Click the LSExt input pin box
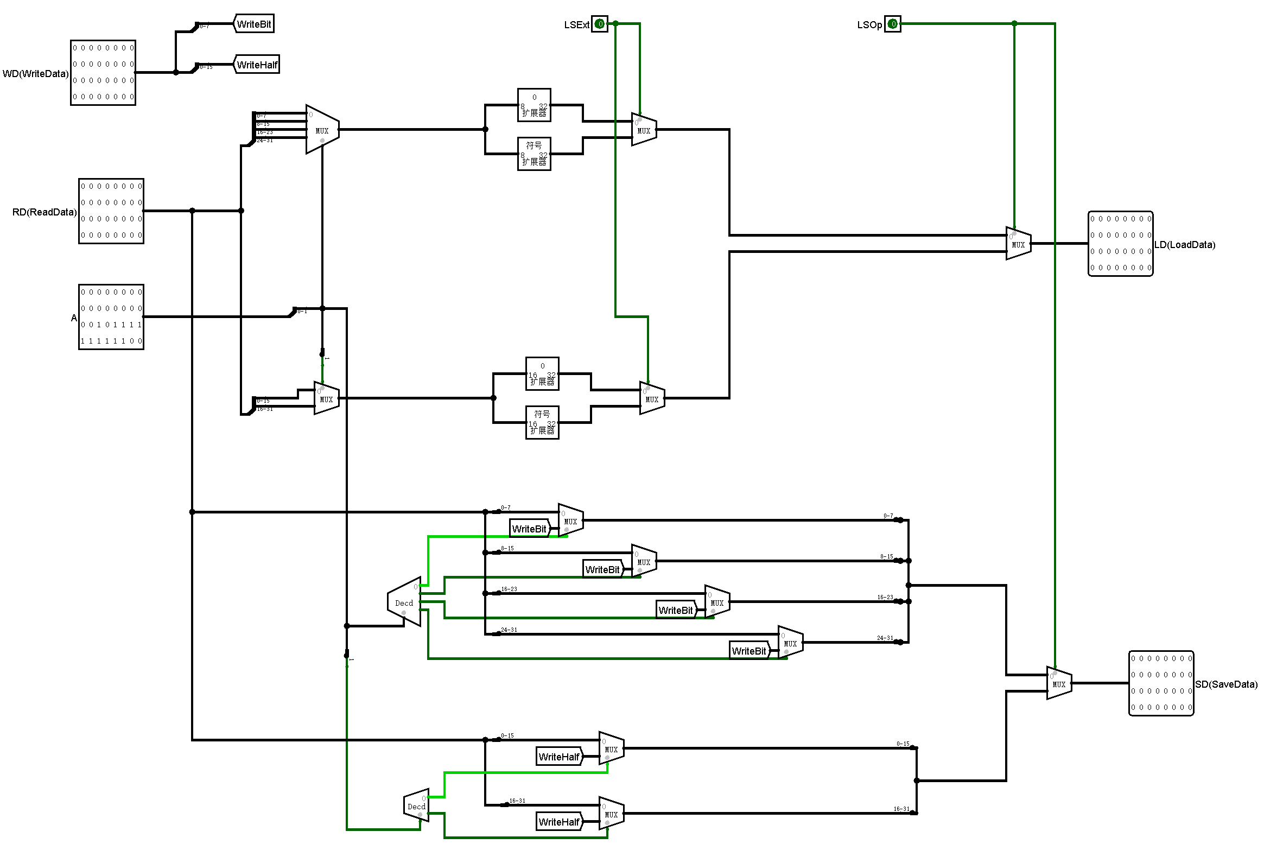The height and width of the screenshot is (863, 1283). point(599,24)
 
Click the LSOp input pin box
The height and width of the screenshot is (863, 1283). point(892,24)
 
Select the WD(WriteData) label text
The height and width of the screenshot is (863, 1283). point(35,74)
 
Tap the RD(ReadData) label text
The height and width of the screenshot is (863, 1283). point(44,212)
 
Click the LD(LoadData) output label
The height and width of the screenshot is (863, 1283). point(1184,244)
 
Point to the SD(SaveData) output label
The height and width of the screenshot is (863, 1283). point(1226,684)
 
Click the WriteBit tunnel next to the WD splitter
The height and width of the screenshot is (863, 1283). point(253,24)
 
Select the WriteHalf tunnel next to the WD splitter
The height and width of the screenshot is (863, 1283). point(257,65)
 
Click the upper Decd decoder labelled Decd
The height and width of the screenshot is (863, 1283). point(405,602)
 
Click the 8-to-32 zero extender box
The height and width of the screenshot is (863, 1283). point(533,105)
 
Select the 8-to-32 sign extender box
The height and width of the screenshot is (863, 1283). point(533,154)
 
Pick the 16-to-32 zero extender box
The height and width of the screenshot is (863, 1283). point(542,373)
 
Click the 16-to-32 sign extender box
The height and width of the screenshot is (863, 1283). point(542,422)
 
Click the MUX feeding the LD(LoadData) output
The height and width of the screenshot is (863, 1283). point(1018,244)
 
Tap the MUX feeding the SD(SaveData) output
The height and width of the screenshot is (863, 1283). point(1058,683)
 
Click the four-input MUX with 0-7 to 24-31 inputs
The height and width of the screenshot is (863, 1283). point(322,130)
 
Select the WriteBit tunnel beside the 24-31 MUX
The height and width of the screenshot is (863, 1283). point(749,651)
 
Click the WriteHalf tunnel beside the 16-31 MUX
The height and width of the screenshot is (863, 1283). point(559,822)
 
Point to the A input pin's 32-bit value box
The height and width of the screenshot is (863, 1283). point(111,316)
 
